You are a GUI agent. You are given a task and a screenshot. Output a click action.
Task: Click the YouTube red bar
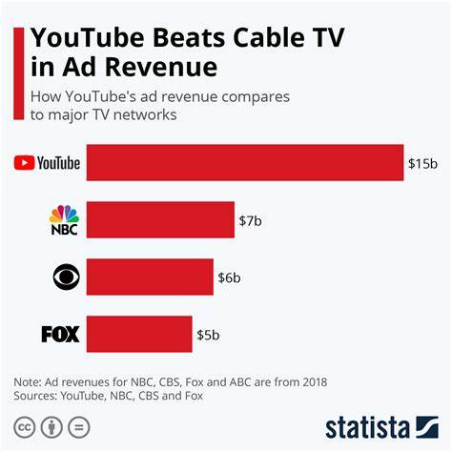(245, 162)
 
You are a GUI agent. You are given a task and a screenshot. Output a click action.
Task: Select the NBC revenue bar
(160, 219)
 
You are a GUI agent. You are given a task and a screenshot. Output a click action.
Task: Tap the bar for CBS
(150, 277)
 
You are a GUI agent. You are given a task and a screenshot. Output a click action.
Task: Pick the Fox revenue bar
(139, 334)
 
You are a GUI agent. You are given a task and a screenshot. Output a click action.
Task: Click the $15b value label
(422, 163)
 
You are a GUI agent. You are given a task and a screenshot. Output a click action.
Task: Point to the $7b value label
(250, 220)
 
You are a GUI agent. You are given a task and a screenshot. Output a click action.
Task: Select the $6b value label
(229, 277)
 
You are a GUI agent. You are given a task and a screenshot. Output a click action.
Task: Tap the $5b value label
(208, 335)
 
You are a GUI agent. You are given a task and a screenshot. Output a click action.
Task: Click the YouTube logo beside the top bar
(48, 163)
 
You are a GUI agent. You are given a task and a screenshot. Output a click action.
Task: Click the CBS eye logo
(65, 277)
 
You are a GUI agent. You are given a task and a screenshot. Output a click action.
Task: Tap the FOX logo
(60, 335)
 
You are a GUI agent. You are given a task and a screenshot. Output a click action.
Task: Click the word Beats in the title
(175, 37)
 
